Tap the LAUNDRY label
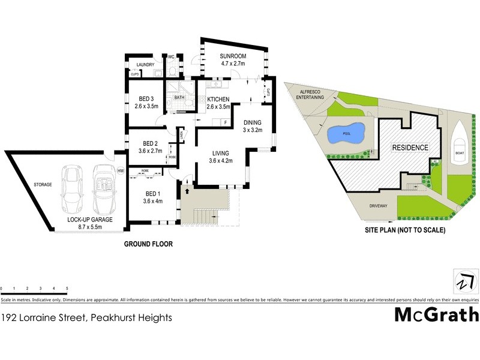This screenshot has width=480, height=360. (146, 65)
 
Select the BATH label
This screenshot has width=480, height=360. (179, 98)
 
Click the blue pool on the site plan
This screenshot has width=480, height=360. (346, 133)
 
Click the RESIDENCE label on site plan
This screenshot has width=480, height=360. (410, 148)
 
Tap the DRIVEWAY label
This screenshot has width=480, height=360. (381, 206)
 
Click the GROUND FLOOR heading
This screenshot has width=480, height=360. (148, 244)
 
